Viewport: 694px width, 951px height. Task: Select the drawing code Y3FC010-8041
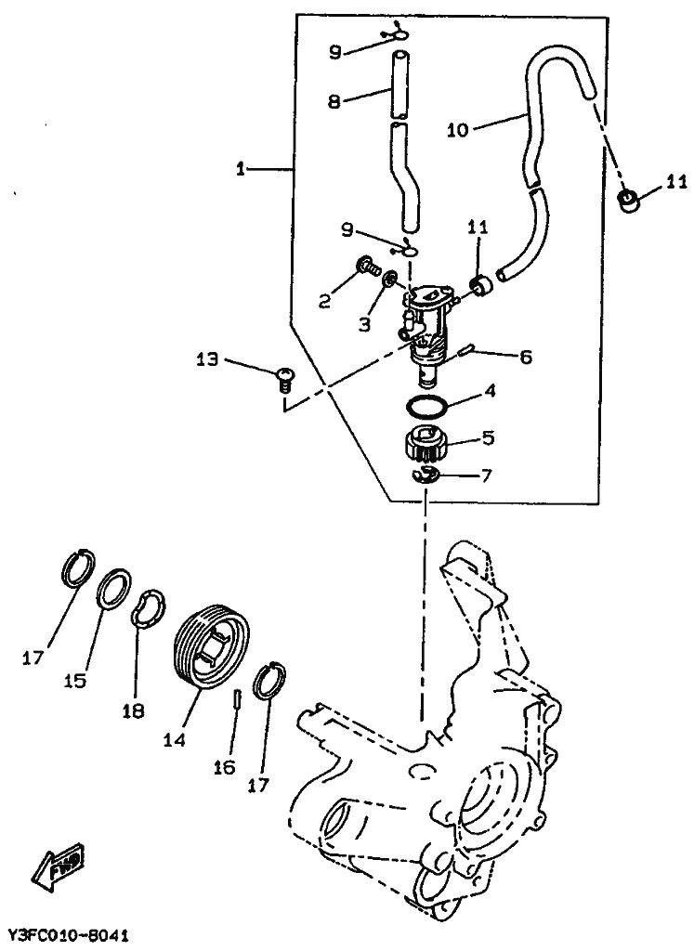pos(68,934)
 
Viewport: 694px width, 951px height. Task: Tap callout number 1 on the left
pos(241,169)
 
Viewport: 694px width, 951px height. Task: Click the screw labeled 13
pos(282,380)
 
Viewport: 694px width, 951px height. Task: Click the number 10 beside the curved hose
pos(457,129)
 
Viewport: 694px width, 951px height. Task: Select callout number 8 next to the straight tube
pos(334,100)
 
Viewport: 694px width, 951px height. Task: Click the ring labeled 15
pos(114,588)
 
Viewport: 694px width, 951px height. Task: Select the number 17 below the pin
pos(258,786)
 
